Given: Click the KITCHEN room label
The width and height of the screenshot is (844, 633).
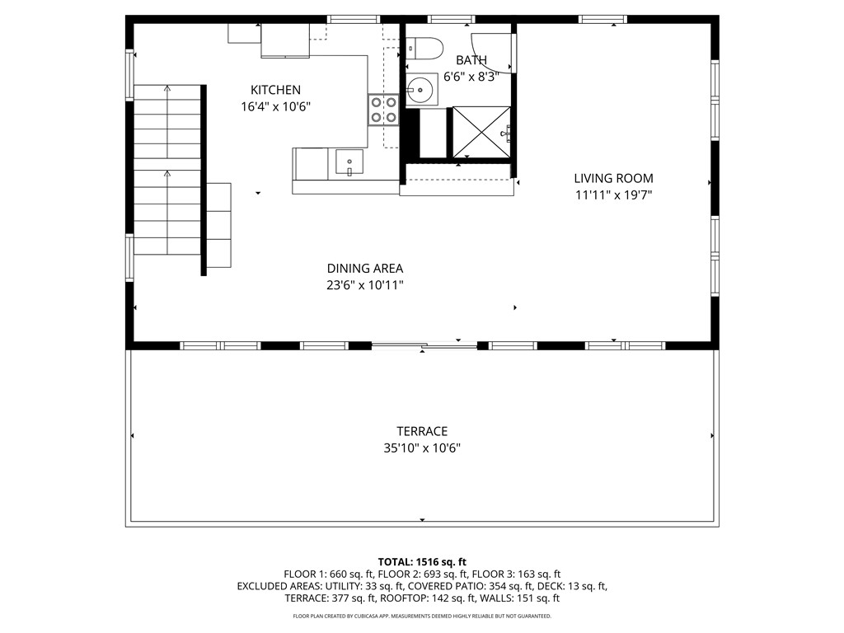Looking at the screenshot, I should point(275,90).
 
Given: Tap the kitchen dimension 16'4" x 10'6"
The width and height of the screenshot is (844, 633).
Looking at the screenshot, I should point(275,106).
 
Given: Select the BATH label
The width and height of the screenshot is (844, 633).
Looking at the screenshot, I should point(471,60).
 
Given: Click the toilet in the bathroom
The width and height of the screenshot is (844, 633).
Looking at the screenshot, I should point(425,49).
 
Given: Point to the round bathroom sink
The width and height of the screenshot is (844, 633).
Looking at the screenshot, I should point(421,88).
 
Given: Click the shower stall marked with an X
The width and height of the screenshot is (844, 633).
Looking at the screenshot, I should point(480,132).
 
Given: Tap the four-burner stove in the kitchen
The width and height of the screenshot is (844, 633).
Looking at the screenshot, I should point(383,110).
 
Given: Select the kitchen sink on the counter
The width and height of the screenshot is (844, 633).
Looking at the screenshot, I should point(349,162).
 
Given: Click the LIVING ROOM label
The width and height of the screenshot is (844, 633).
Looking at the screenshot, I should point(613,178).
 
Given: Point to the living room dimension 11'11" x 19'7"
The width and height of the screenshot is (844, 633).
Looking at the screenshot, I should point(613,195).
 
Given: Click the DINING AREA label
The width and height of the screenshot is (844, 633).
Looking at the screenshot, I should point(364,268).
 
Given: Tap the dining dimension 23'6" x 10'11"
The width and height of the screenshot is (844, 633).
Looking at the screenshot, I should point(364,285).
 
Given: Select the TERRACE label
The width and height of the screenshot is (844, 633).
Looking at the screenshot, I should point(422,431).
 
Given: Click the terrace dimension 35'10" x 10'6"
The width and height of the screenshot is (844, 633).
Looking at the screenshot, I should point(422,448).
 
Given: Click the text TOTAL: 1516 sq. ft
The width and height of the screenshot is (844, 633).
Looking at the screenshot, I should point(422,561).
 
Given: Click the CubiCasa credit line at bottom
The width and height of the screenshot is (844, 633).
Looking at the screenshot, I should point(422,616).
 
